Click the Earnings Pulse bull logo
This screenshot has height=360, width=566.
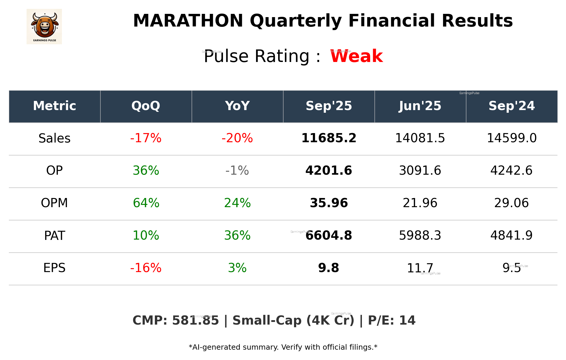coord(44,27)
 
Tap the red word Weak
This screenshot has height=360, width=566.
coord(356,56)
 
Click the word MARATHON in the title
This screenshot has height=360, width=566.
coord(188,21)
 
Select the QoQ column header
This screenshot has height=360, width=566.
coord(146,106)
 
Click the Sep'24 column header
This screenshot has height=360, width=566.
coord(511,106)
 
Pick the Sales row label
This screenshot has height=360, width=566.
coord(55,138)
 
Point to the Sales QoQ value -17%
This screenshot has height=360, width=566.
coord(146,138)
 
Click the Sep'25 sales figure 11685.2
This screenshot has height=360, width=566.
coord(329,138)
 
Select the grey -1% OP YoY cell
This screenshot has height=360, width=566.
coord(237,171)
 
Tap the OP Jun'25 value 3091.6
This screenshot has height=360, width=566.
coord(420,171)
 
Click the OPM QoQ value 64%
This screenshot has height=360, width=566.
coord(146,203)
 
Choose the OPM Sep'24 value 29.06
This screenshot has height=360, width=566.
coord(511,203)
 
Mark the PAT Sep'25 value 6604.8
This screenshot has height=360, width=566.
coord(329,236)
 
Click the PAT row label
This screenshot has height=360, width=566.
coord(55,236)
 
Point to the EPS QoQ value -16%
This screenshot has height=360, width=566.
coord(146,268)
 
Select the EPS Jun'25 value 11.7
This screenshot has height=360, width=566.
coord(420,268)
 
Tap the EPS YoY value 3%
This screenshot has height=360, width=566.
coord(237,268)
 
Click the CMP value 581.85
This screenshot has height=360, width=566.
coord(195,321)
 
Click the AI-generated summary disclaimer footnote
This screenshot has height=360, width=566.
coord(283,347)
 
